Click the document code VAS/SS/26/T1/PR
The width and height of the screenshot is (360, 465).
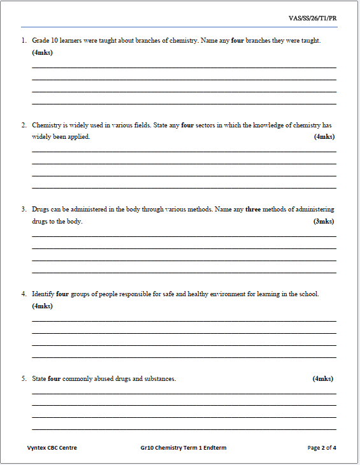pyautogui.click(x=313, y=18)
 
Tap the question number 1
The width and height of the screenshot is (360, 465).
pyautogui.click(x=23, y=41)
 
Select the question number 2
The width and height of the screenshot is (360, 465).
pyautogui.click(x=23, y=125)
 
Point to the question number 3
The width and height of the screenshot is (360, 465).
pyautogui.click(x=23, y=210)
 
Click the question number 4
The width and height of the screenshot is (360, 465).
pyautogui.click(x=23, y=294)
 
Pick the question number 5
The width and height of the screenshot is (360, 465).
pyautogui.click(x=23, y=379)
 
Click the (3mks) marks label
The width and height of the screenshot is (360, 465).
pyautogui.click(x=324, y=222)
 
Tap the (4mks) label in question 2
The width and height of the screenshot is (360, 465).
pyautogui.click(x=324, y=137)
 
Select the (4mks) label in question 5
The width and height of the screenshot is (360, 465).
pyautogui.click(x=322, y=379)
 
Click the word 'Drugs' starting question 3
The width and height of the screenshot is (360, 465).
pyautogui.click(x=41, y=210)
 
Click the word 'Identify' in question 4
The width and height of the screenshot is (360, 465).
pyautogui.click(x=43, y=294)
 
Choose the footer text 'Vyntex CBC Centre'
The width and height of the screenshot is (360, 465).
pyautogui.click(x=52, y=448)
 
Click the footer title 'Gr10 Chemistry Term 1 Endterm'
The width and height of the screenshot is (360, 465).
pyautogui.click(x=184, y=448)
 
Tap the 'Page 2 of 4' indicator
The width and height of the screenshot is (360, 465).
pyautogui.click(x=322, y=448)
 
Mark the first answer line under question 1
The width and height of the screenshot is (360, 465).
pyautogui.click(x=184, y=67)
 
